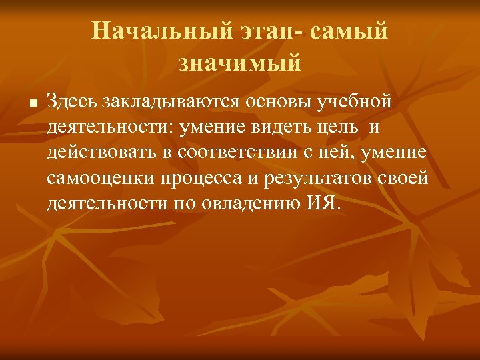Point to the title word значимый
tap(240, 63)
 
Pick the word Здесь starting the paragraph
tap(71, 101)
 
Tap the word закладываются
tap(171, 101)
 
